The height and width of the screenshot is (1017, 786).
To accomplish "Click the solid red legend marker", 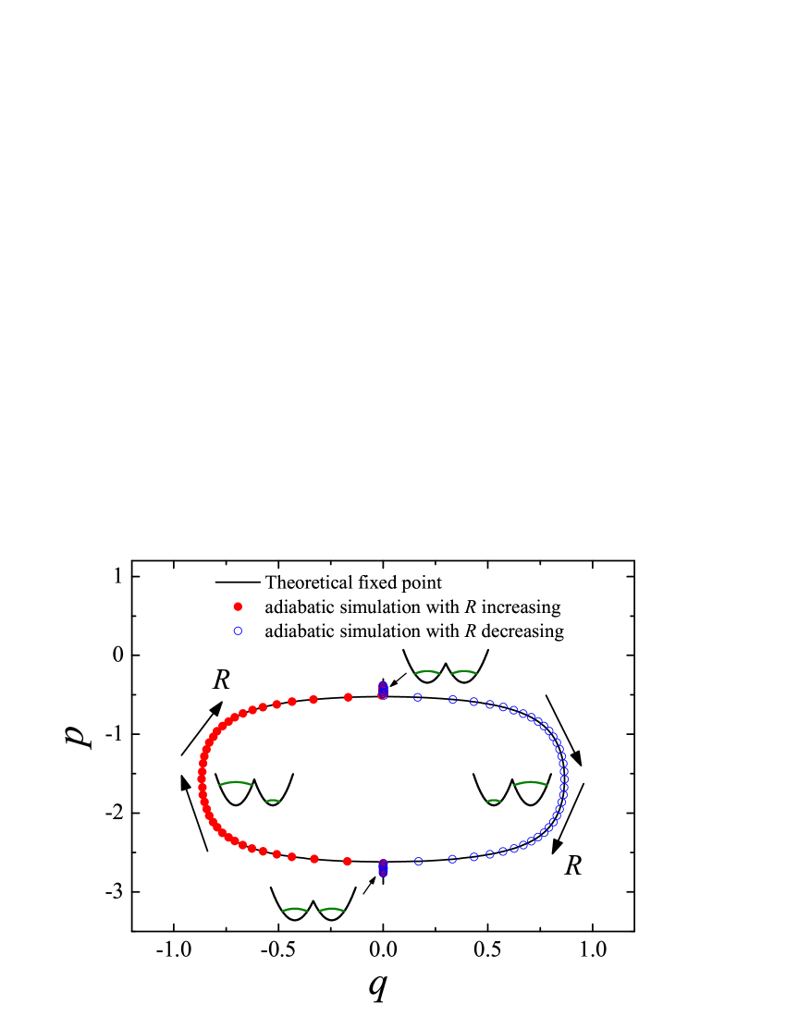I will point(238,607).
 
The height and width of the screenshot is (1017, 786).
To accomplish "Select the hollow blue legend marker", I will point(238,631).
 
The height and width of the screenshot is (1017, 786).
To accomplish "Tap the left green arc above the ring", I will point(427,672).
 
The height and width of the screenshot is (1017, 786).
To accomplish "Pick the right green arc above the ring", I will point(464,672).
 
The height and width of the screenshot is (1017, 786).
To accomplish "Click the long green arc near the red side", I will point(236,783).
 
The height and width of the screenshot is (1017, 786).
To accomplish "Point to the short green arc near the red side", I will point(273,801).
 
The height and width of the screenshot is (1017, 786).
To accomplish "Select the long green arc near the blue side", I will point(531,783).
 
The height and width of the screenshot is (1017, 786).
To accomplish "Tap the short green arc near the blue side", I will point(494,801).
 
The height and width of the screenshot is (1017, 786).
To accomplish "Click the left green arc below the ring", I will point(295,910).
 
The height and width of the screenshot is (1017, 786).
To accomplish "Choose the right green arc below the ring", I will point(332,910).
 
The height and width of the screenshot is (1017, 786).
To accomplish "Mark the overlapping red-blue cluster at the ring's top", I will point(383,691).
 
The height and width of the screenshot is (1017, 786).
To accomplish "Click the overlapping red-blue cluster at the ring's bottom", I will point(383,868).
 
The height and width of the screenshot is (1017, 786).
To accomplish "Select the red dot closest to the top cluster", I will point(348,697).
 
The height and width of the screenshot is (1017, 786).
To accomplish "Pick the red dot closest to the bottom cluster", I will point(347,862).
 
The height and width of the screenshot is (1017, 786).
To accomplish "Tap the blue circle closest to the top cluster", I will point(418,697).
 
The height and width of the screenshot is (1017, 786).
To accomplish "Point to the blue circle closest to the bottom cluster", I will point(419,862).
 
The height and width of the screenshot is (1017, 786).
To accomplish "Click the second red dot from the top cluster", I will point(313,700).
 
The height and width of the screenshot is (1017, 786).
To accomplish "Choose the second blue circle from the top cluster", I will point(453,700).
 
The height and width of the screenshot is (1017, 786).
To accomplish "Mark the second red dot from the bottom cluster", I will point(314,859).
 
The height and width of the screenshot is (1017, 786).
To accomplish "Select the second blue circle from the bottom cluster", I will point(452,859).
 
